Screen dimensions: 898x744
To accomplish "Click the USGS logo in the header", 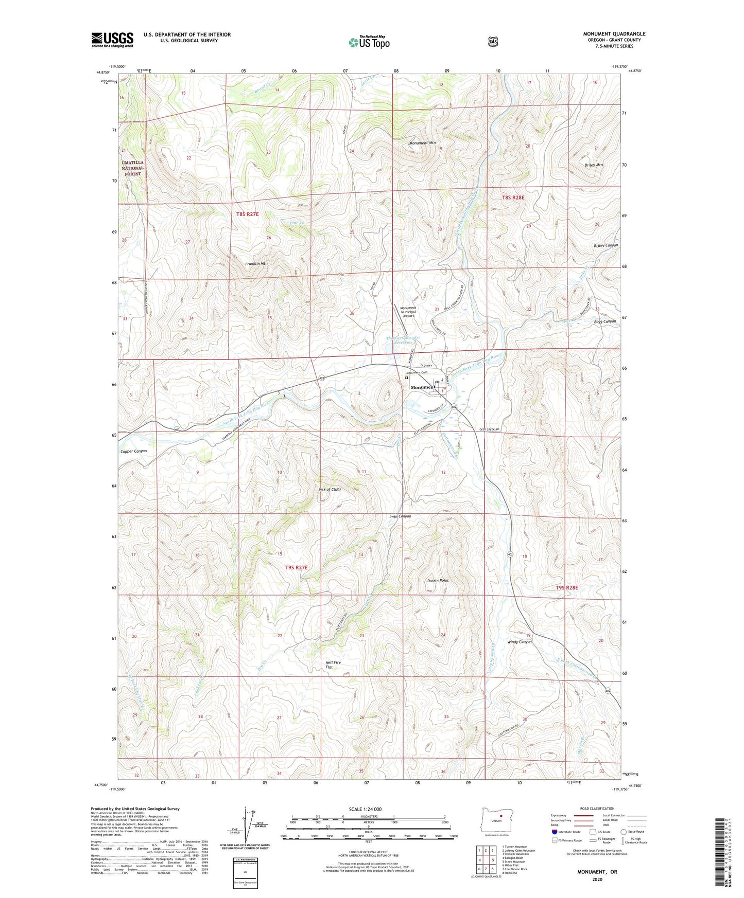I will click(112, 40).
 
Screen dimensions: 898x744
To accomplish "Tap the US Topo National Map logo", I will click(369, 42).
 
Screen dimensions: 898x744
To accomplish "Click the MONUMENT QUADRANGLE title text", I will click(614, 34).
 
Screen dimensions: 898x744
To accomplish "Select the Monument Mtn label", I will click(422, 143).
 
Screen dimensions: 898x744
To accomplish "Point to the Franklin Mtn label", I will click(256, 263).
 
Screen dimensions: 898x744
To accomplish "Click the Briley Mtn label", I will click(594, 165).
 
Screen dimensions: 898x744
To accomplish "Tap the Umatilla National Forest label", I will click(133, 168).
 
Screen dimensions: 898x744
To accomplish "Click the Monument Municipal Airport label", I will click(408, 312).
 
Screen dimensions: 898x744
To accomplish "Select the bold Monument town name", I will click(423, 387).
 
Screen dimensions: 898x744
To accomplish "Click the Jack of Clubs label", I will click(330, 490).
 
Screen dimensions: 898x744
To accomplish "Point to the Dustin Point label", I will click(438, 581).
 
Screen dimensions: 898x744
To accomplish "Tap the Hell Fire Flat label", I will click(333, 664).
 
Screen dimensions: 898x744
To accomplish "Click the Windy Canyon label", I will click(519, 642).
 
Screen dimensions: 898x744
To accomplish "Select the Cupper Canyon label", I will click(133, 451).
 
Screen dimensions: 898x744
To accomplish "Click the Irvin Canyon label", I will click(400, 516).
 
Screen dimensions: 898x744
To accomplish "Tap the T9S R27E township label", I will click(296, 567).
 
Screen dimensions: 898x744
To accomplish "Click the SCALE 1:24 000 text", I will click(365, 809).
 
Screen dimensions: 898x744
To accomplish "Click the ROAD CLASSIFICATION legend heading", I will click(597, 809).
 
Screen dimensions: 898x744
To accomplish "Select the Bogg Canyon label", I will click(604, 321).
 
